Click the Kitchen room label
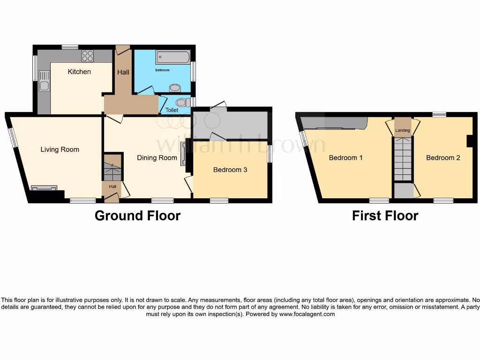click(79, 72)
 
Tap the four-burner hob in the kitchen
click(88, 56)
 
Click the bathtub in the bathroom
click(172, 58)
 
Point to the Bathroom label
click(162, 70)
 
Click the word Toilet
click(172, 110)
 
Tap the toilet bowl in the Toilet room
click(182, 102)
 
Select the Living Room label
click(60, 150)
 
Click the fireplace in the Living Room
click(44, 188)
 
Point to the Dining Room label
click(157, 158)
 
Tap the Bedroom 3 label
click(230, 170)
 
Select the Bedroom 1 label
click(345, 157)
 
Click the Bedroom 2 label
click(443, 157)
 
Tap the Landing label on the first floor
click(402, 130)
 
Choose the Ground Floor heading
click(137, 216)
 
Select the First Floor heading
click(385, 216)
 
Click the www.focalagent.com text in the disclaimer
click(307, 314)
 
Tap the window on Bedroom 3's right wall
click(270, 154)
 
